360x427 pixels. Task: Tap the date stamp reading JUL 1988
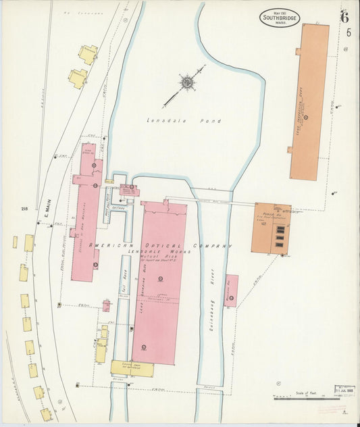[x=344, y=391]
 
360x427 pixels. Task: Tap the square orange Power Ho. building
[x=271, y=228]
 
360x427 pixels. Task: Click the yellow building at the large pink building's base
[x=132, y=368]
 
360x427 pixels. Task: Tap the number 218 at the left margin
[x=25, y=209]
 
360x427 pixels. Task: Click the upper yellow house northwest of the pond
[x=88, y=54]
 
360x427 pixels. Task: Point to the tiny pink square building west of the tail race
[x=106, y=306]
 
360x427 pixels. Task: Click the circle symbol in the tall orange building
[x=305, y=118]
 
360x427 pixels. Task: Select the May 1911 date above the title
[x=278, y=7]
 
